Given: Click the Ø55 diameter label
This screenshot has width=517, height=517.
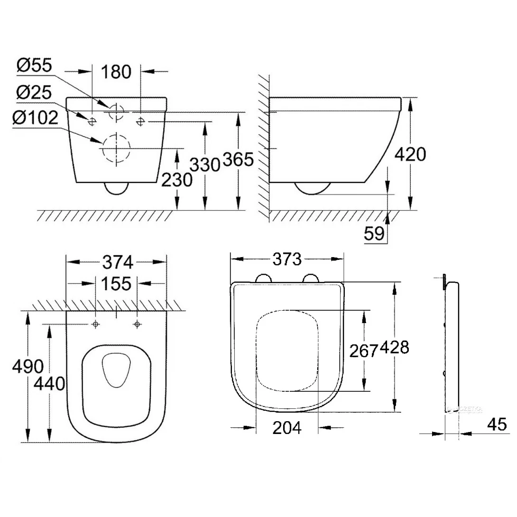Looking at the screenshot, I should tap(34, 66).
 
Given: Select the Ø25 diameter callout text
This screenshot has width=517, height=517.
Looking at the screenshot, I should tap(34, 92).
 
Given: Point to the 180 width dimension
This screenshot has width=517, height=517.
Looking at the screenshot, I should tap(117, 72).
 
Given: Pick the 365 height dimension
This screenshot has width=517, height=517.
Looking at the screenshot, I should tap(239, 160).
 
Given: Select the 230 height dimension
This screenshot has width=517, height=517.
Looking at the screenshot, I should tap(177, 180).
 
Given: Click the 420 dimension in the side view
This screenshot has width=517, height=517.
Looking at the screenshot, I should tap(410, 154).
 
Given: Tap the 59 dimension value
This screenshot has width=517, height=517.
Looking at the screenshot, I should tap(374, 234).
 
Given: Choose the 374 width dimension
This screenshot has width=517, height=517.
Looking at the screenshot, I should tap(117, 262).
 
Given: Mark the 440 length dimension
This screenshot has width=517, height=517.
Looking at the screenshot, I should tap(49, 384).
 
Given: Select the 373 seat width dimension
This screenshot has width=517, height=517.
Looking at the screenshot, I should tap(287, 259).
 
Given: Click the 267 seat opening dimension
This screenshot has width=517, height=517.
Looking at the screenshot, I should tap(364, 351).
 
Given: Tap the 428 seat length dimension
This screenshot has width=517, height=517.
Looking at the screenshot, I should tap(395, 347).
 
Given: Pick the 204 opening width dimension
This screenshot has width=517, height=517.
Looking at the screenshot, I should tap(287, 428).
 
